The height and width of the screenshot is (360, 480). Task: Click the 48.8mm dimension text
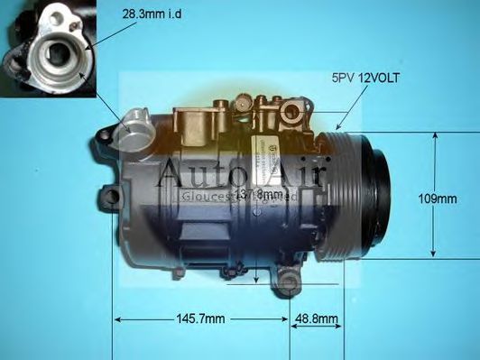click(317, 318)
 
